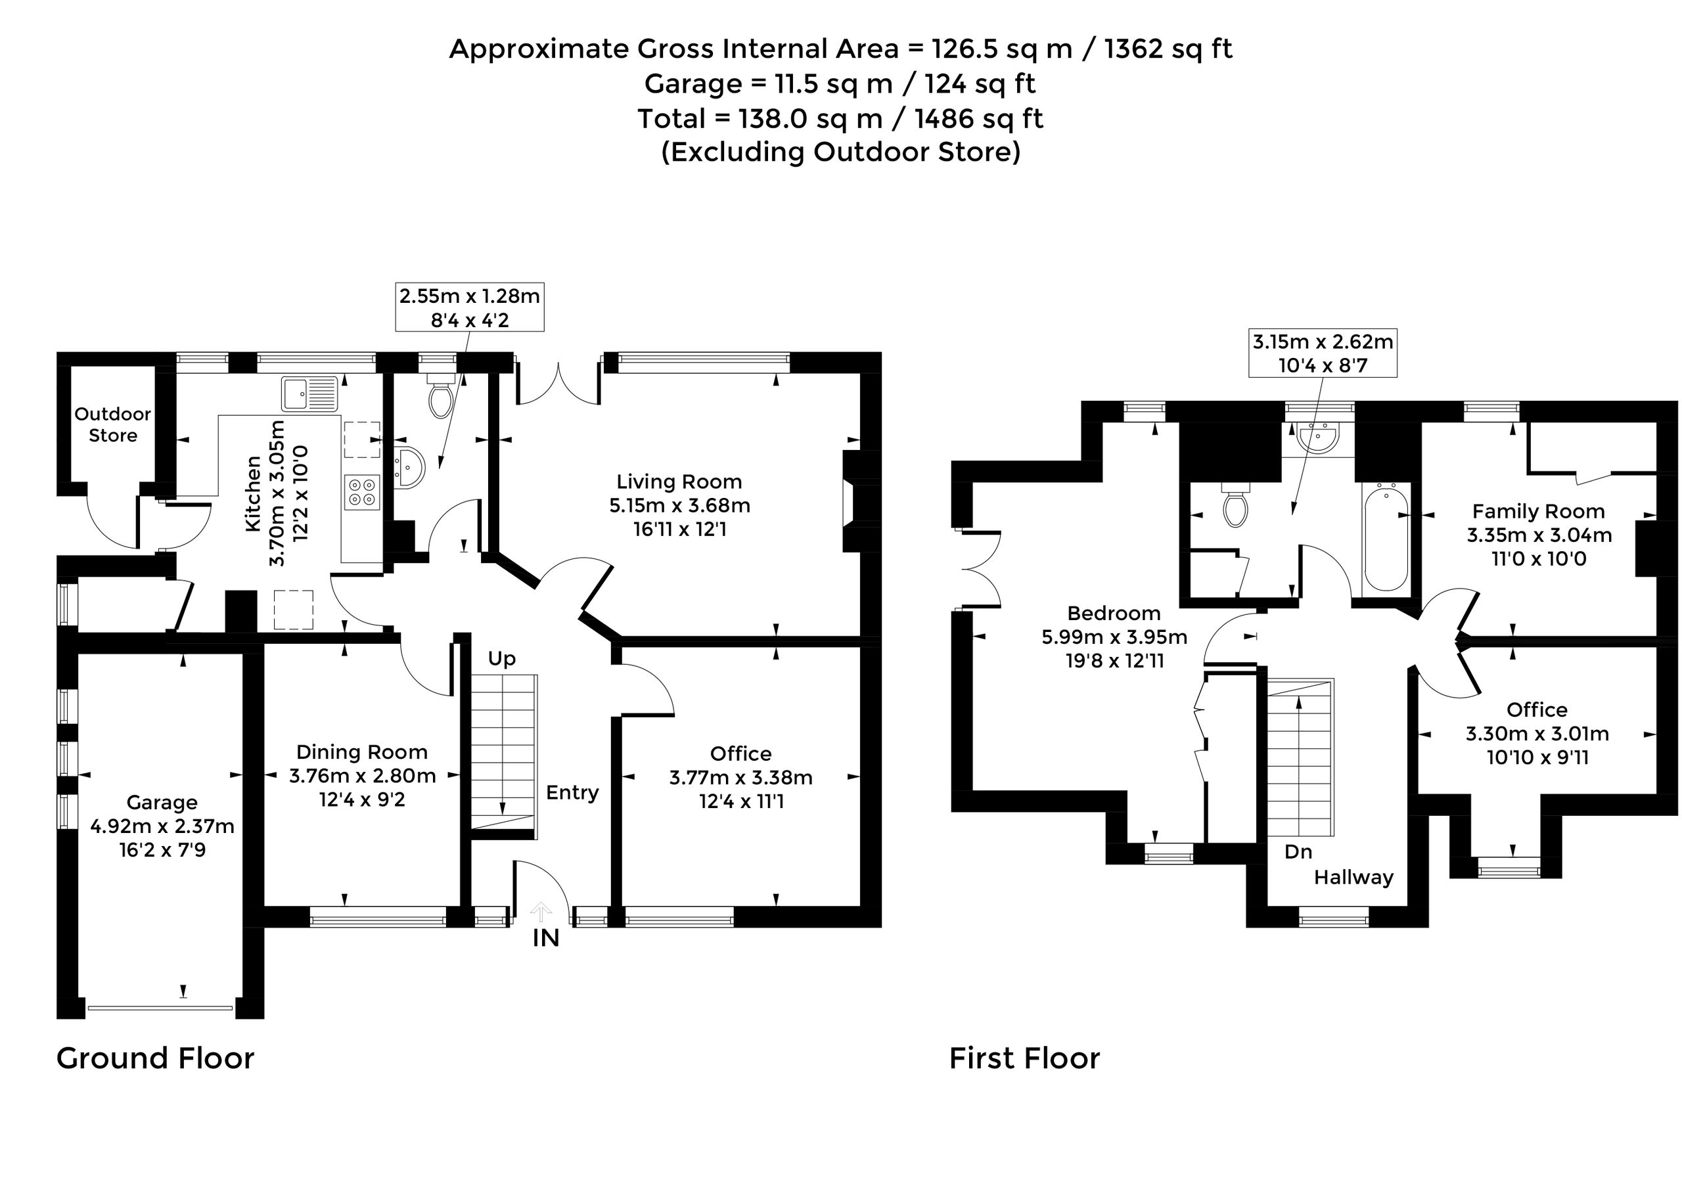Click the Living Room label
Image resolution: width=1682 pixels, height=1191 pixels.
[x=679, y=482]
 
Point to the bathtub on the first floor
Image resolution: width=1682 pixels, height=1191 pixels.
[x=1385, y=536]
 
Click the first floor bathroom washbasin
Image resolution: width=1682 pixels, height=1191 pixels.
[x=1318, y=438]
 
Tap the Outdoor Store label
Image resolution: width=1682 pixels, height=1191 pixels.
[x=113, y=424]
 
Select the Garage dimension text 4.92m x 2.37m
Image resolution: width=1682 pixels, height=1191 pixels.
[x=162, y=826]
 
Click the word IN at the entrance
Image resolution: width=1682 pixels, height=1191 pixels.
[x=546, y=938]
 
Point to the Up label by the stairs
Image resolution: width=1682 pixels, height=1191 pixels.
[x=502, y=660]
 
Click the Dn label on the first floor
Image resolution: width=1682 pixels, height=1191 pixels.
[x=1298, y=851]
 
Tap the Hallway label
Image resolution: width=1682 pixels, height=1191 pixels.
[x=1353, y=878]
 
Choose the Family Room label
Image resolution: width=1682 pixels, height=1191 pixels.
[x=1538, y=512]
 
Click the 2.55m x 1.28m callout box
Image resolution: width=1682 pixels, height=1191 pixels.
[x=470, y=307]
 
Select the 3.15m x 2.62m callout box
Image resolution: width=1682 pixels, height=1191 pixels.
[x=1323, y=353]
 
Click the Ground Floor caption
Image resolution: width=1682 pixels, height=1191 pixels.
[x=156, y=1058]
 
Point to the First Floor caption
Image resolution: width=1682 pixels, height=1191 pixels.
[x=1025, y=1058]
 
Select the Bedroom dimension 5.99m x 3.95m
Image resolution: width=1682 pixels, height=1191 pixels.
[x=1114, y=637]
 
